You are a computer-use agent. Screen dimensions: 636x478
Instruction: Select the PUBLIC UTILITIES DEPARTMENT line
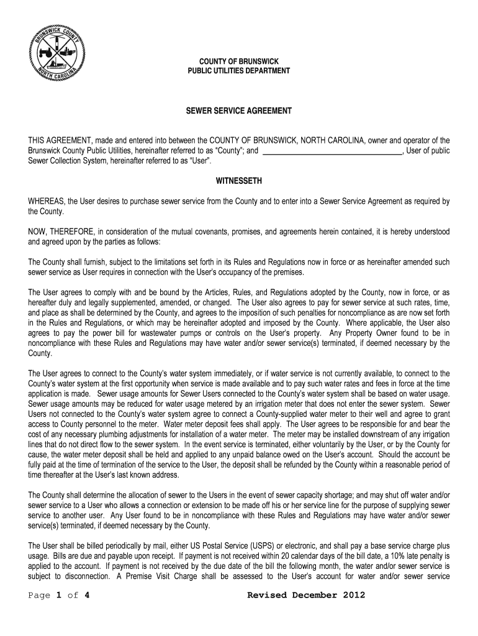[x=238, y=71]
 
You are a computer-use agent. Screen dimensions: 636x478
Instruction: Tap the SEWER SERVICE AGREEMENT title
[x=239, y=111]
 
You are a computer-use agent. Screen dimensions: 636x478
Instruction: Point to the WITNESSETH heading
[x=238, y=181]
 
